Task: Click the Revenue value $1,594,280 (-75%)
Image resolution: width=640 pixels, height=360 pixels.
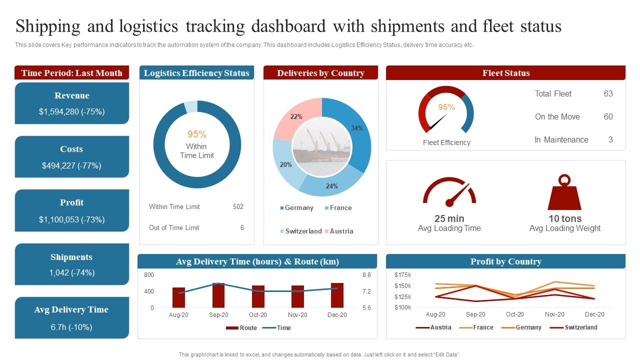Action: pos(71,111)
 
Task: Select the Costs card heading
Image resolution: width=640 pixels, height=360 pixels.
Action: pos(71,149)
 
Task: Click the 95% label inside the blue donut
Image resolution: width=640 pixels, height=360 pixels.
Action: pos(197,134)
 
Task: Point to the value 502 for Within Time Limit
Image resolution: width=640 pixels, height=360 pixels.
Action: pos(238,206)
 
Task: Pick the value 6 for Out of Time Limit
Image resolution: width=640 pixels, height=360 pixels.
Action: pos(242,227)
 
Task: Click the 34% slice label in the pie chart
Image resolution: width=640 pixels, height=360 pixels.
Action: pos(356,128)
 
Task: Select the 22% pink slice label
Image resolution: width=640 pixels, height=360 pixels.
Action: pos(296,116)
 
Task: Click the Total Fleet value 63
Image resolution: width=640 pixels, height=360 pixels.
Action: pos(608,93)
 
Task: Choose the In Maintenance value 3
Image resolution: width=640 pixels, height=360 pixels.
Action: pos(610,139)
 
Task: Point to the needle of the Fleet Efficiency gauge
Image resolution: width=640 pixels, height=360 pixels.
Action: pos(438,121)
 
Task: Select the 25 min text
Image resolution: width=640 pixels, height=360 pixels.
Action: pos(449,218)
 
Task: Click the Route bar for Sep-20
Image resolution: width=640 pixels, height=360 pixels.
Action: pos(218,295)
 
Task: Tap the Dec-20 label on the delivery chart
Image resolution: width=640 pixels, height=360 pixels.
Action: pos(336,315)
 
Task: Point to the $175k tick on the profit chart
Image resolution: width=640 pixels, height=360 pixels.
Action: pos(402,274)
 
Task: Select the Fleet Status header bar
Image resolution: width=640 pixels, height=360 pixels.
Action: pos(505,73)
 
